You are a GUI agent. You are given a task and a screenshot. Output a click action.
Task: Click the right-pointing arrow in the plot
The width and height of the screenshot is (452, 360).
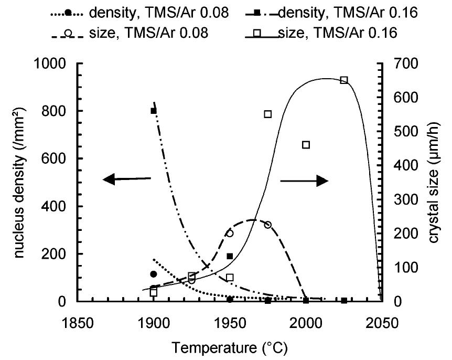(x=304, y=181)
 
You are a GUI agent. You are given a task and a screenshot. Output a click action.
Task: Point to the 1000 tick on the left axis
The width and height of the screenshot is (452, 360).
(x=53, y=63)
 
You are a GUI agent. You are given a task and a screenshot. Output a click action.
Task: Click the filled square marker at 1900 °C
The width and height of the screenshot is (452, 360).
(x=154, y=111)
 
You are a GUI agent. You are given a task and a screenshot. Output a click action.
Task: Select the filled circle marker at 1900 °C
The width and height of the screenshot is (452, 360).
(x=153, y=274)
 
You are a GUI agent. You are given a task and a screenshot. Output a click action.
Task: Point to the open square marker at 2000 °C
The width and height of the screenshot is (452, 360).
(x=306, y=145)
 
